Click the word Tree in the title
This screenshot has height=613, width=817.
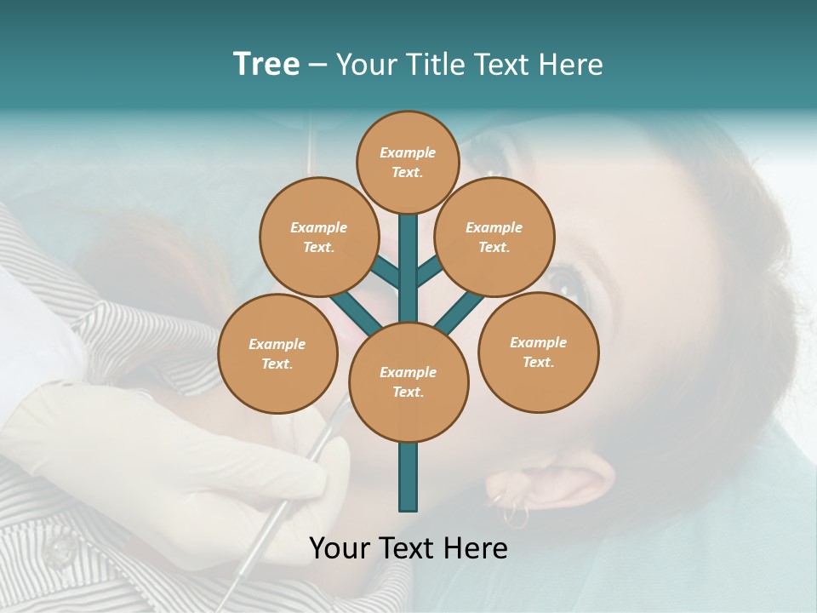coord(266,64)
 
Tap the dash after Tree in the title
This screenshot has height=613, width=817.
coord(317,66)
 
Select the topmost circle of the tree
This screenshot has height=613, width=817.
coord(408,162)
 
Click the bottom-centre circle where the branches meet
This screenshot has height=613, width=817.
coord(408,382)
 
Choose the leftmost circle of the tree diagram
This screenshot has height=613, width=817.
coord(277,353)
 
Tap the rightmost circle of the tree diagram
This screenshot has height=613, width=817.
coord(538,352)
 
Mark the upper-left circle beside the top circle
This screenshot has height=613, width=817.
coord(319,237)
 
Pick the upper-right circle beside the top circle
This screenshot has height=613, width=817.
coord(494,237)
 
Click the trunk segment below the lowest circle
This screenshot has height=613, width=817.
coord(408,477)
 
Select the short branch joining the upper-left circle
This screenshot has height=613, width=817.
coord(385,272)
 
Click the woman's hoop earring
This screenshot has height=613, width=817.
coord(514,513)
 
